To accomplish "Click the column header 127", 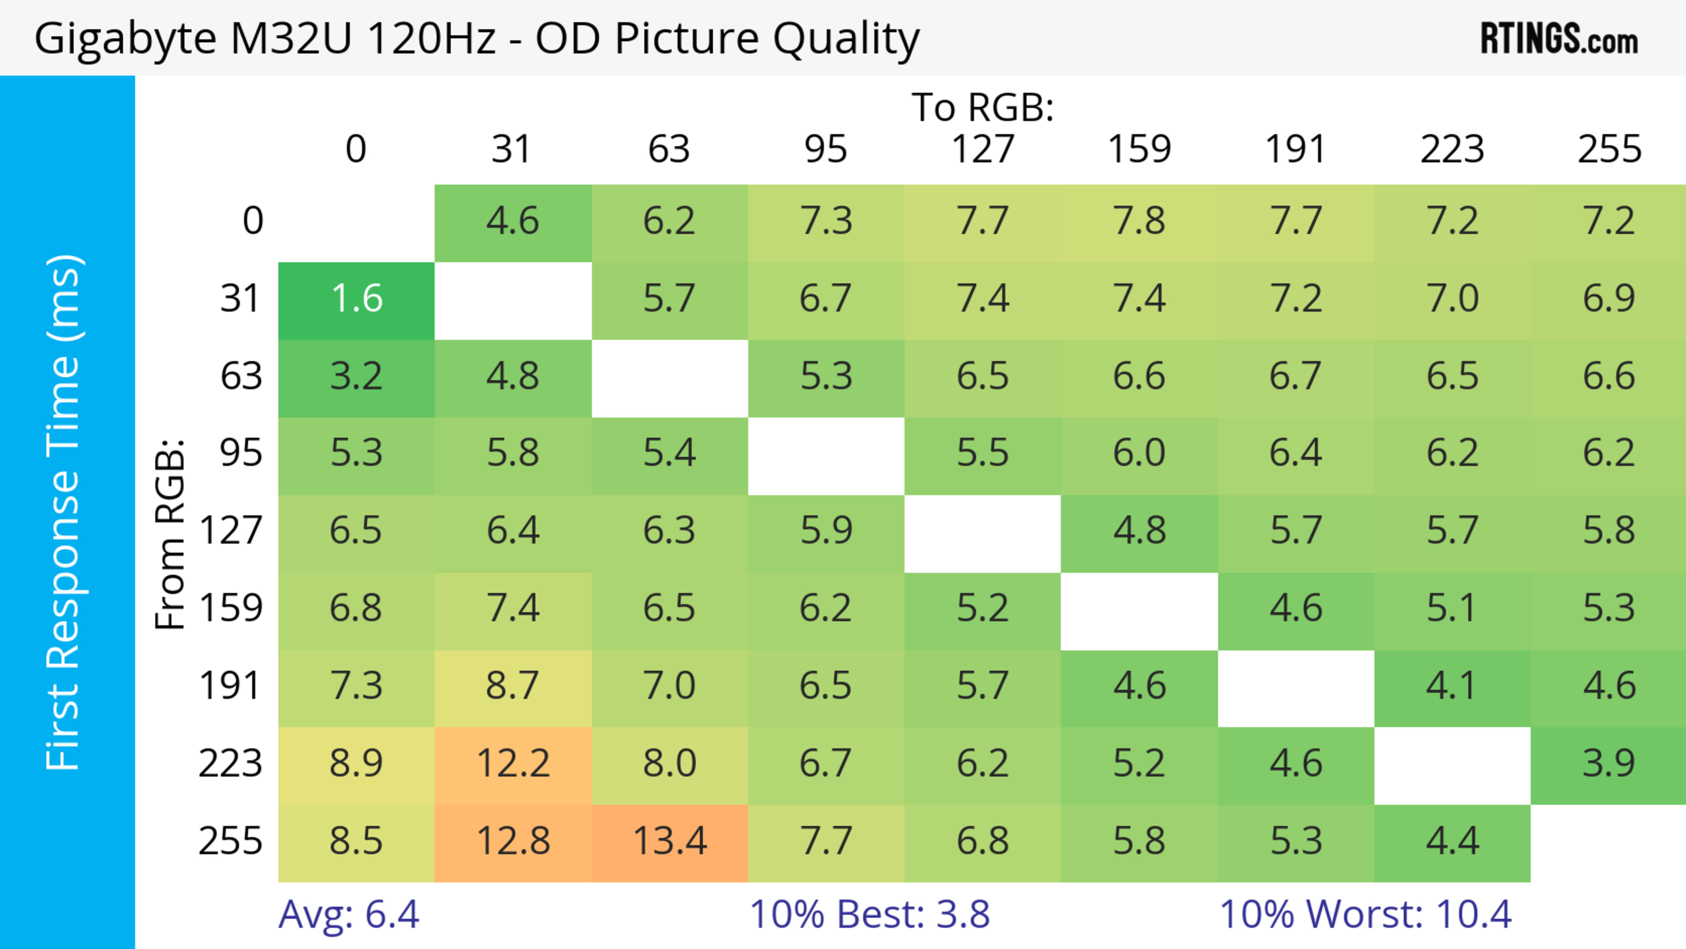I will tap(983, 149).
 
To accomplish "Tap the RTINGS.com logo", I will tap(1559, 39).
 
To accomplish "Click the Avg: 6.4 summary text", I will tap(348, 914).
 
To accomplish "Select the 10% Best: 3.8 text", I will tap(869, 914).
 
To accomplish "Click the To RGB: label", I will tap(983, 107).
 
